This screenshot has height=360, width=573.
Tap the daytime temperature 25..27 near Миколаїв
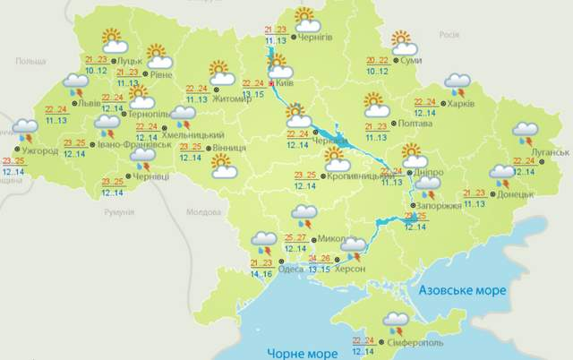(295, 237)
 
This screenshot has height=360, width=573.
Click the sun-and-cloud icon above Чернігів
(305, 18)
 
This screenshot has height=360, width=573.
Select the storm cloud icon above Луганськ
(526, 133)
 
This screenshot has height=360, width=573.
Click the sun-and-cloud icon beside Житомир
(219, 72)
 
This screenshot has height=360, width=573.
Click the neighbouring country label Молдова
(202, 213)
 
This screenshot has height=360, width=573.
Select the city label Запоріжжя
(441, 206)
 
